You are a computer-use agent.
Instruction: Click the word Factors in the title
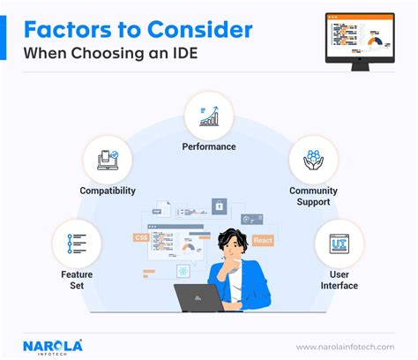pyautogui.click(x=63, y=28)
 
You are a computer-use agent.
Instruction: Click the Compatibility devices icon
pyautogui.click(x=108, y=159)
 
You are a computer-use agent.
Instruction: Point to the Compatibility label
pyautogui.click(x=108, y=190)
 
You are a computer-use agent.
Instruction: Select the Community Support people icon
pyautogui.click(x=313, y=160)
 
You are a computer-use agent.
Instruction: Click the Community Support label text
pyautogui.click(x=313, y=196)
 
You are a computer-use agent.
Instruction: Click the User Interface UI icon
pyautogui.click(x=339, y=241)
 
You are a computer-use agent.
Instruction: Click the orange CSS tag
pyautogui.click(x=141, y=237)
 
